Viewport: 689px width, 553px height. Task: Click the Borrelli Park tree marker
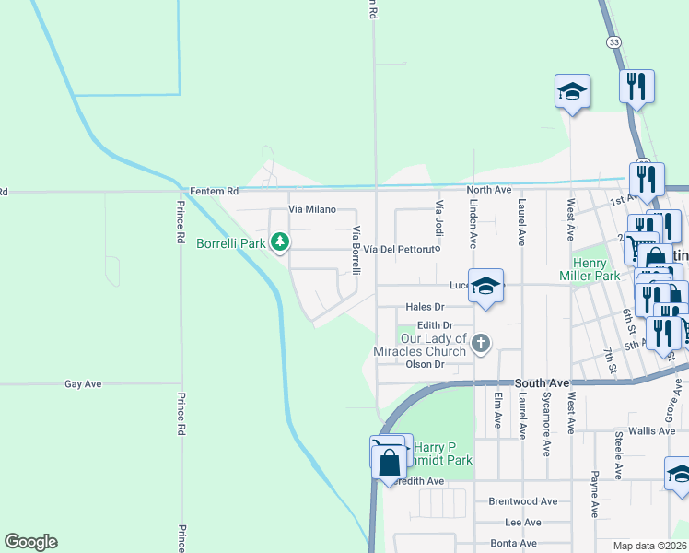coord(279,243)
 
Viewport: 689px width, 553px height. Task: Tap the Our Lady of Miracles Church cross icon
coord(479,344)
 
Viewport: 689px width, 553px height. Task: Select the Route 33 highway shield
coord(613,42)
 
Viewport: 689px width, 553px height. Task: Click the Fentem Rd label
coord(214,191)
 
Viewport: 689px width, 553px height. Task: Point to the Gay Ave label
coord(83,383)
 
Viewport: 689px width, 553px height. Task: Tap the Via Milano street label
coord(311,210)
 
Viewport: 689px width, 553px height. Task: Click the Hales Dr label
coord(425,307)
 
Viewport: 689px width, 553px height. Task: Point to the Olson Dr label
coord(426,364)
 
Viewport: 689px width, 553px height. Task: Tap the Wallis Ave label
coord(652,430)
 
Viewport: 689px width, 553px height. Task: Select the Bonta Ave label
coord(514,543)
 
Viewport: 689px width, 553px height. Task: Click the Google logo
coord(30,542)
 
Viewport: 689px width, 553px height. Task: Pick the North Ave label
coord(488,190)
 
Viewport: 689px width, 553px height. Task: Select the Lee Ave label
coord(523,523)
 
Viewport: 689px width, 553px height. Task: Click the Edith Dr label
coord(434,325)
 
